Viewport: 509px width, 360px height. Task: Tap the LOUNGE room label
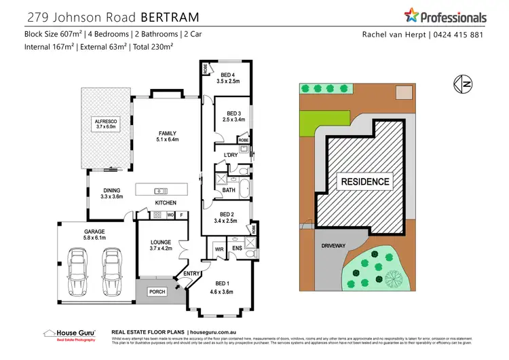(161, 245)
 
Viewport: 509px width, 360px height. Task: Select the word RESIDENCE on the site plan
(365, 181)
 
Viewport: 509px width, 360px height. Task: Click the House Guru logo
(69, 334)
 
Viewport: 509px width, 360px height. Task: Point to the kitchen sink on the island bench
(161, 190)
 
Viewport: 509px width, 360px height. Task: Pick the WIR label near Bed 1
(219, 249)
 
